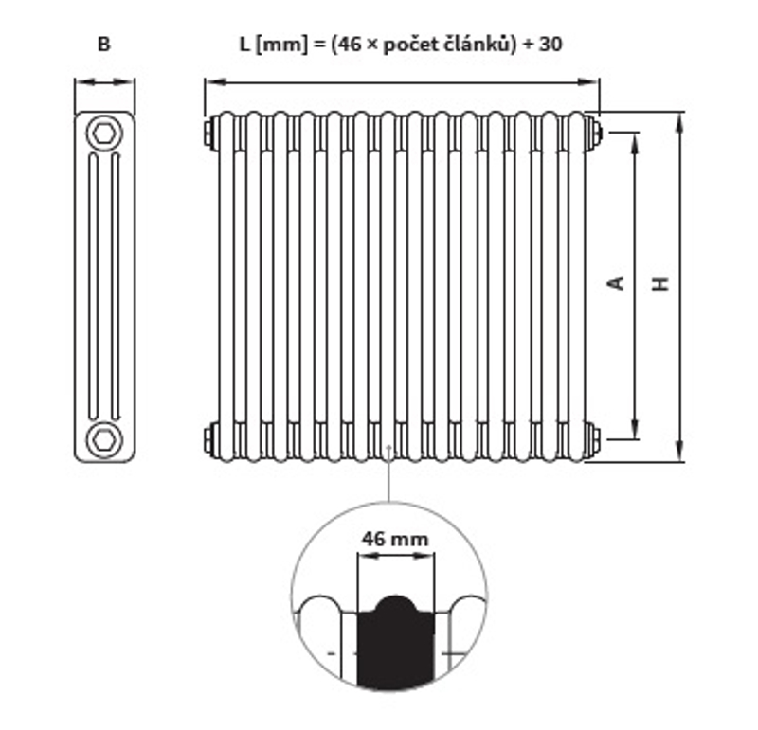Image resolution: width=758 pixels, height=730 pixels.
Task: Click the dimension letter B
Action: (x=104, y=45)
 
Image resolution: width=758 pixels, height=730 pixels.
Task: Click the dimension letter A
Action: (x=616, y=282)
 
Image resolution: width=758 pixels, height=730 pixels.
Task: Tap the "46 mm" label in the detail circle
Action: (x=394, y=539)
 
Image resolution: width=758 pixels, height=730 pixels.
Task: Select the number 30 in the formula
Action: (x=552, y=44)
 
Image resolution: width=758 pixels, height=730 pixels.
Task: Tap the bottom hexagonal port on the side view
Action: (x=104, y=440)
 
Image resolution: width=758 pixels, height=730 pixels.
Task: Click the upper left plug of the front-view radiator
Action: (x=208, y=133)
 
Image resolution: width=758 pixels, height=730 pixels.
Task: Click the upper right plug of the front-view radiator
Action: (x=594, y=133)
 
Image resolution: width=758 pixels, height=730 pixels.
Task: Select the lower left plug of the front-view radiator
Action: (x=208, y=438)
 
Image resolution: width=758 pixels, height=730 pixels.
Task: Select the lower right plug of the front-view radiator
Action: (x=594, y=438)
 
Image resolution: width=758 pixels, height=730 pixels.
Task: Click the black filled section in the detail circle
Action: (x=394, y=644)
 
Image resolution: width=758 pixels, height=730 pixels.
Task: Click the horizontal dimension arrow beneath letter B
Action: (x=104, y=82)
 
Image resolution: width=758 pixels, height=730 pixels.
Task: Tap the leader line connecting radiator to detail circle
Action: (x=388, y=478)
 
